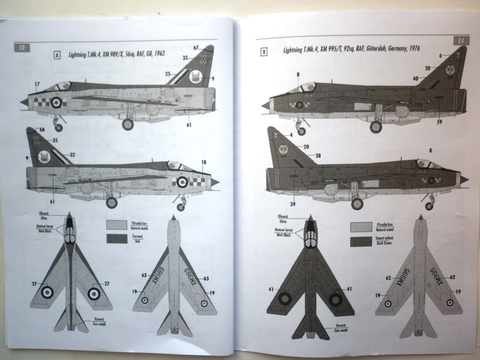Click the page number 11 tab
click(461, 41)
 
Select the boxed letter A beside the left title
click(57, 55)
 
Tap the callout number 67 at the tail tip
click(196, 47)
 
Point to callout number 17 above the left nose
click(37, 84)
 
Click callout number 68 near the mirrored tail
click(29, 129)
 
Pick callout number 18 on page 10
click(203, 162)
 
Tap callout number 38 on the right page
click(318, 155)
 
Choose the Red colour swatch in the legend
click(117, 239)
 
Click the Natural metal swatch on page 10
click(117, 225)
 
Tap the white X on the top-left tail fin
click(203, 59)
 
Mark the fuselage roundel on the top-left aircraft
click(56, 102)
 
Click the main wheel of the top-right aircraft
click(375, 127)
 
